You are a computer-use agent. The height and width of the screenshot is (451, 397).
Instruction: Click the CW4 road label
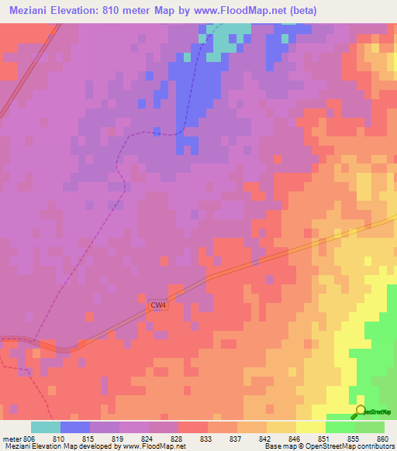[158, 305]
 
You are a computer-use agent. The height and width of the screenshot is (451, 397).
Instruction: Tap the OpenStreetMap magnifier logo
[361, 412]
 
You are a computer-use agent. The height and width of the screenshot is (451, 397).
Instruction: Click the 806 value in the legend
[29, 438]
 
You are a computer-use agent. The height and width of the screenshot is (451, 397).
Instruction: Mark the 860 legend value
[381, 438]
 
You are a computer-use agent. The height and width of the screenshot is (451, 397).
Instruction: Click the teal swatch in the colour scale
[46, 427]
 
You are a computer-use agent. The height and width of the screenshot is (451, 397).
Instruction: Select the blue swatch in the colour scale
[75, 427]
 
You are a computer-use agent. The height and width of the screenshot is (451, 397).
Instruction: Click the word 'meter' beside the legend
[12, 438]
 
